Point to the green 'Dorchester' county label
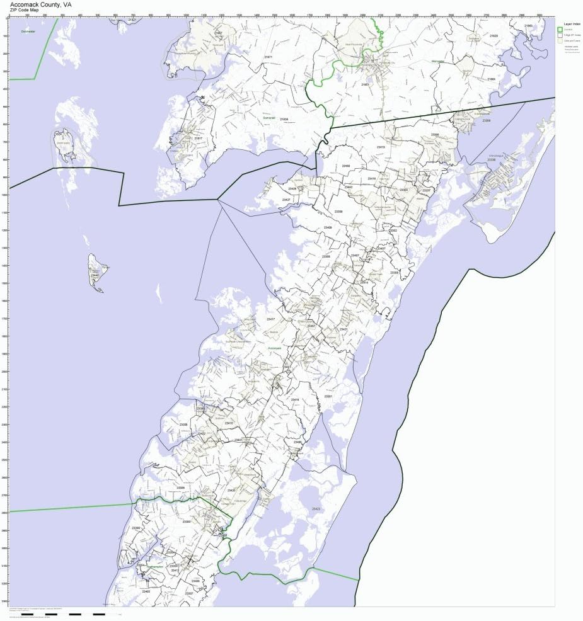(x=28, y=31)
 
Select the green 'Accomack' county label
(x=274, y=348)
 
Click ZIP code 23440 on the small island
(x=95, y=275)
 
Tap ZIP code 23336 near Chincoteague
(x=491, y=160)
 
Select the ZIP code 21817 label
(x=199, y=138)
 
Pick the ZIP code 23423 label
(x=316, y=508)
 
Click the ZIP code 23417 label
(x=271, y=319)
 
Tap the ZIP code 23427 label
(x=287, y=200)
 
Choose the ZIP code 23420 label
(x=231, y=490)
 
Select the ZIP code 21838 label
(x=284, y=119)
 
